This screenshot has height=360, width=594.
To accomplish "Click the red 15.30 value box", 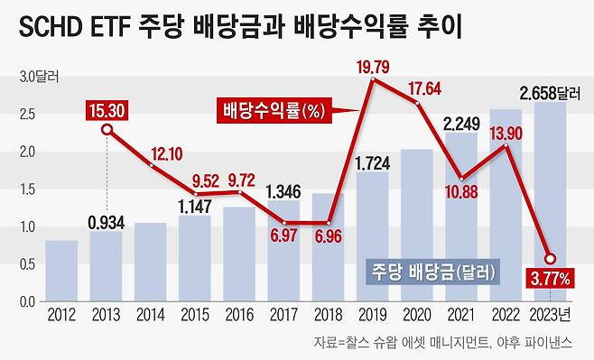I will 107,112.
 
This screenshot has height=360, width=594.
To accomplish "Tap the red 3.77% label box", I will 550,280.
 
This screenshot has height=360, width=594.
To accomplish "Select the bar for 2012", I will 61,272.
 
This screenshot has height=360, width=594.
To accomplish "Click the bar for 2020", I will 416,226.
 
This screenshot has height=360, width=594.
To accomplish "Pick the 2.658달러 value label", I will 550,91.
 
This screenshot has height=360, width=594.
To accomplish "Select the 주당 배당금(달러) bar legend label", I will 432,271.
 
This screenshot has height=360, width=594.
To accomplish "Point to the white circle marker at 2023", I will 549,259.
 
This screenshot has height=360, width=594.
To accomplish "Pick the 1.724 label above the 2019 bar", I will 372,164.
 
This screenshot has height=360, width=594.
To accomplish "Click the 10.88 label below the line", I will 461,191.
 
